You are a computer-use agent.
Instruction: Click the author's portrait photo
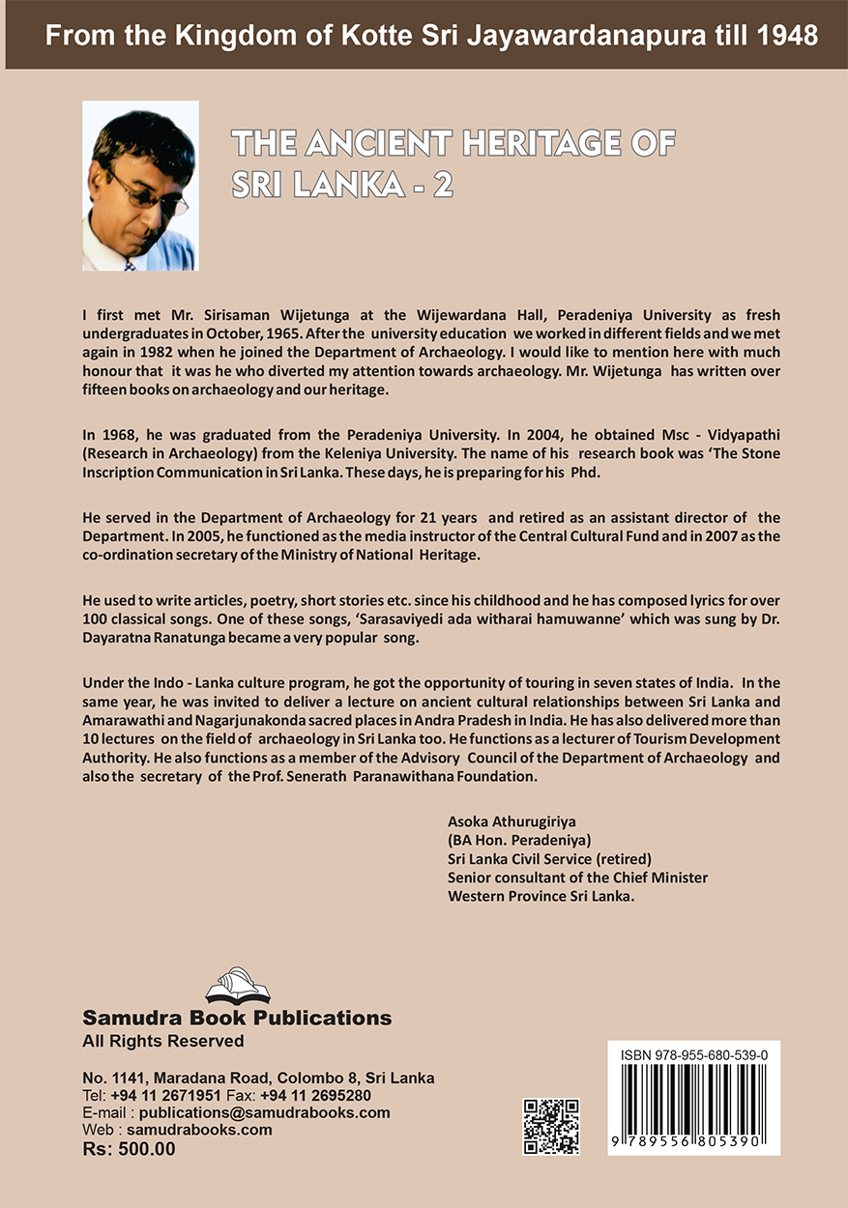click(140, 186)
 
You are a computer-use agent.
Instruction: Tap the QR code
click(551, 1126)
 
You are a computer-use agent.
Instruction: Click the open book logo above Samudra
click(237, 987)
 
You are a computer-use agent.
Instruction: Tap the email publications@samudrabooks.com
click(258, 1111)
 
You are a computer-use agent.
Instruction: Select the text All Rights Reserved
click(163, 1041)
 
